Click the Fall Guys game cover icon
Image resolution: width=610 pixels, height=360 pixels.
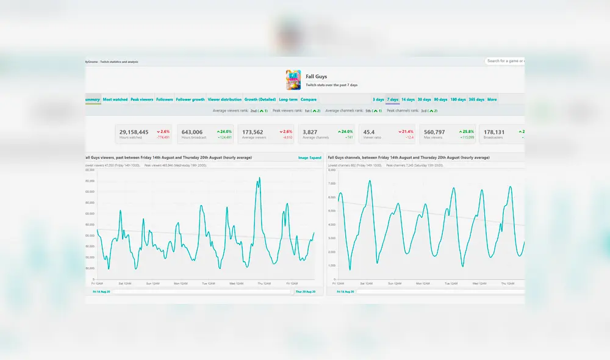pyautogui.click(x=293, y=80)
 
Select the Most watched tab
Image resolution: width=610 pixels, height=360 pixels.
pyautogui.click(x=115, y=99)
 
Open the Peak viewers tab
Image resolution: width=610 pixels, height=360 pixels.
pyautogui.click(x=142, y=99)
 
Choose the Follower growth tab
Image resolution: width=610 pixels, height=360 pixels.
pyautogui.click(x=190, y=99)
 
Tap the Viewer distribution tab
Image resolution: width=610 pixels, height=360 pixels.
pyautogui.click(x=224, y=99)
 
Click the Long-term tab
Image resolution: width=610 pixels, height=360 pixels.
pyautogui.click(x=288, y=99)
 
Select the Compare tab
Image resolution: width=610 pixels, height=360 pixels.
pyautogui.click(x=309, y=99)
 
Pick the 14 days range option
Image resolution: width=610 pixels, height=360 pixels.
pyautogui.click(x=408, y=99)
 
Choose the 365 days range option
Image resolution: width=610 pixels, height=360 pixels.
pyautogui.click(x=476, y=99)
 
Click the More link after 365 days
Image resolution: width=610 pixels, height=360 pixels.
pyautogui.click(x=492, y=99)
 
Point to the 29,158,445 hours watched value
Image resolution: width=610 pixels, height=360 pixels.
pyautogui.click(x=134, y=132)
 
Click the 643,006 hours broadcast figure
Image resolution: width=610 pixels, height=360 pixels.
pyautogui.click(x=192, y=132)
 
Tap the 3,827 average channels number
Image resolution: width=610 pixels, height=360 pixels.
pyautogui.click(x=310, y=132)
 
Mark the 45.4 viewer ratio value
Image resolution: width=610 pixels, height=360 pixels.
pyautogui.click(x=369, y=132)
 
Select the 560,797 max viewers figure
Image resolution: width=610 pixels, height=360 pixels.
pyautogui.click(x=434, y=132)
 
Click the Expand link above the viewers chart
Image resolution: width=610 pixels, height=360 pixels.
pyautogui.click(x=315, y=157)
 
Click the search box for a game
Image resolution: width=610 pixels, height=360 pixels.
pyautogui.click(x=505, y=61)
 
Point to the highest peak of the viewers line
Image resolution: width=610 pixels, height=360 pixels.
pyautogui.click(x=260, y=178)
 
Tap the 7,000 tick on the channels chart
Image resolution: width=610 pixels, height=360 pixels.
pyautogui.click(x=332, y=184)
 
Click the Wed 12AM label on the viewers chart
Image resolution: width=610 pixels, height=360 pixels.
pyautogui.click(x=237, y=284)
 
